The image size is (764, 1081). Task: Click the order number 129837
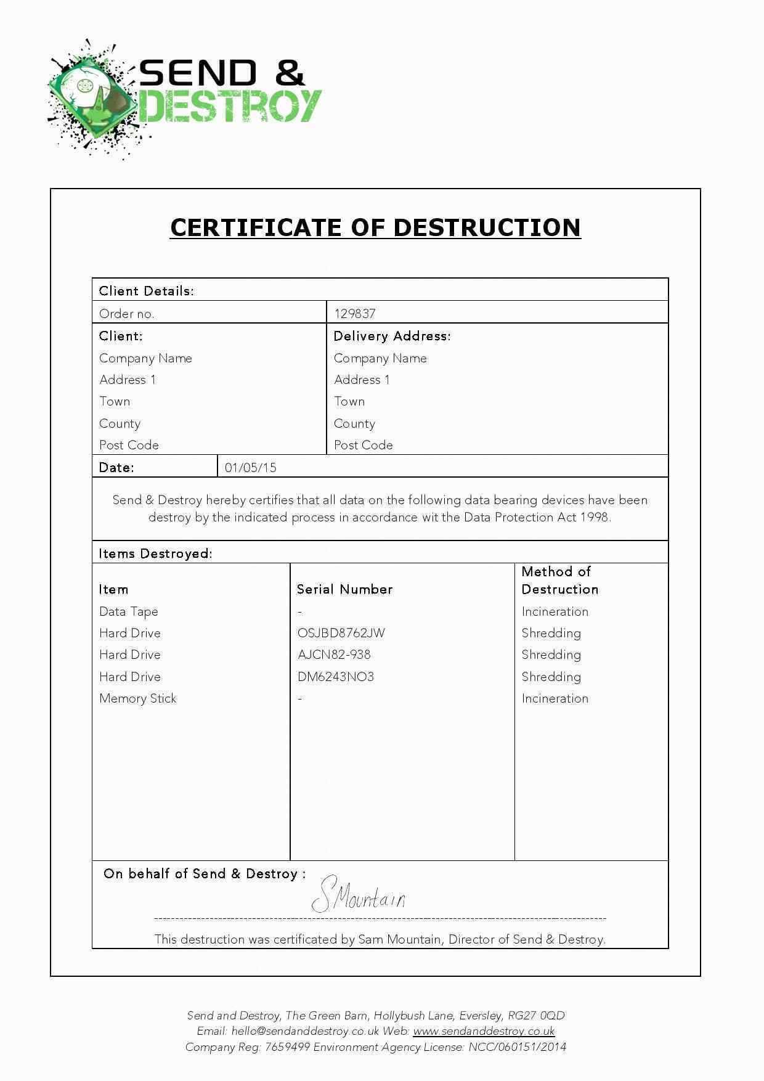pyautogui.click(x=354, y=313)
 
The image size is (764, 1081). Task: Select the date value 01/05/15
pyautogui.click(x=250, y=467)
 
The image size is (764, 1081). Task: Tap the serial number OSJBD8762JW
pyautogui.click(x=341, y=633)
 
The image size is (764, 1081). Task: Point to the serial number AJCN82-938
pyautogui.click(x=334, y=655)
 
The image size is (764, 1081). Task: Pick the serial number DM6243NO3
pyautogui.click(x=335, y=677)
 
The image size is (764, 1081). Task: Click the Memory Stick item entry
pyautogui.click(x=137, y=698)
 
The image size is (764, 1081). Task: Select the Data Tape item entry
pyautogui.click(x=128, y=611)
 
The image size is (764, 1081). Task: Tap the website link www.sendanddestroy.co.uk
pyautogui.click(x=484, y=1030)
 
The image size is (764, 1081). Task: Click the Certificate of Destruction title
pyautogui.click(x=375, y=227)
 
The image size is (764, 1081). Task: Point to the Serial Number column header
pyautogui.click(x=344, y=589)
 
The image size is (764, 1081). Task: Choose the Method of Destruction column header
pyautogui.click(x=559, y=581)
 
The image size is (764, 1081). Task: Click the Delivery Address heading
pyautogui.click(x=392, y=336)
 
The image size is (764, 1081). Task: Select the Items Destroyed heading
pyautogui.click(x=155, y=553)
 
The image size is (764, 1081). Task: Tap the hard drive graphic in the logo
pyautogui.click(x=92, y=99)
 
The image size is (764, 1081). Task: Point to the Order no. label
pyautogui.click(x=126, y=314)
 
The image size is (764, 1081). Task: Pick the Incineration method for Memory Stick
pyautogui.click(x=555, y=698)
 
